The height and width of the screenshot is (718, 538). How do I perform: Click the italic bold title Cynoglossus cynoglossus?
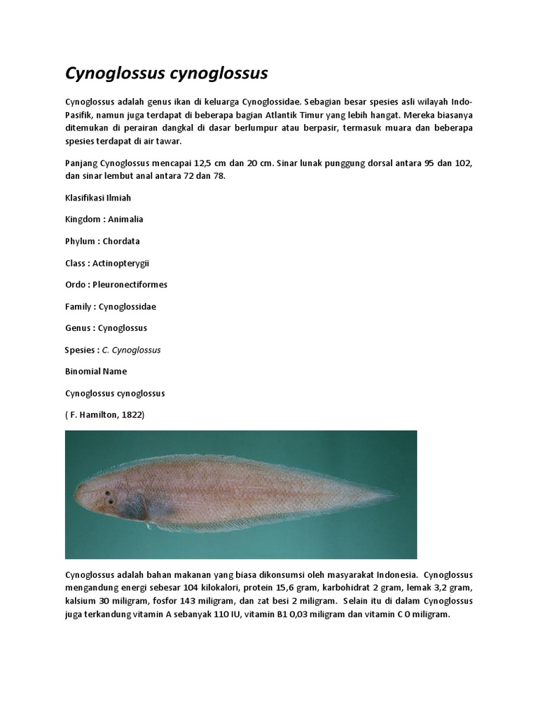click(x=167, y=74)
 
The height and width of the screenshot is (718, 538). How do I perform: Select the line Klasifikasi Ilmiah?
click(x=98, y=198)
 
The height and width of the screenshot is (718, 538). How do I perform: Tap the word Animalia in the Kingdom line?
click(x=125, y=219)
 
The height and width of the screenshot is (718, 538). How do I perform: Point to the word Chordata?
click(x=121, y=241)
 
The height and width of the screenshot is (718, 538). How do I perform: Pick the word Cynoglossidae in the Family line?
click(x=127, y=306)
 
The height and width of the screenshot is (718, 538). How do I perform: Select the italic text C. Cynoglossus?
click(x=132, y=350)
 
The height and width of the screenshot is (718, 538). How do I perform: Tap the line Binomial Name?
click(x=96, y=372)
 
